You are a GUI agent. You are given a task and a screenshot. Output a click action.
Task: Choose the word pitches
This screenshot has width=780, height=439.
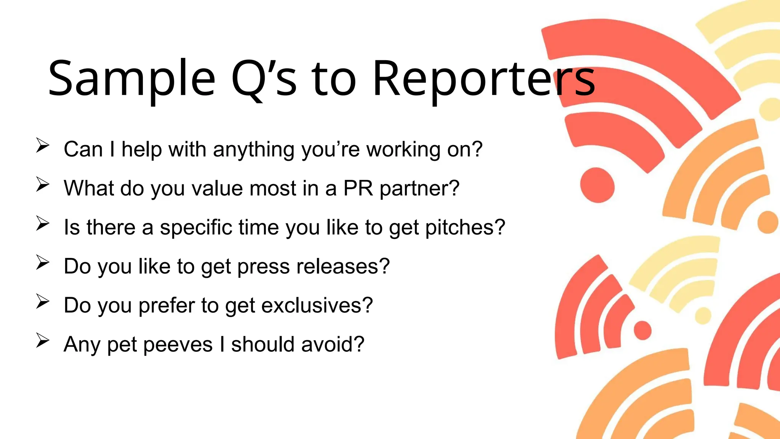click(465, 228)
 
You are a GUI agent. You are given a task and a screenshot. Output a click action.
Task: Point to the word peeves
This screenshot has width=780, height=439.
click(178, 344)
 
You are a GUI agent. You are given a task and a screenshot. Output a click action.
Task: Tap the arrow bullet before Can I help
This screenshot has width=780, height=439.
click(43, 146)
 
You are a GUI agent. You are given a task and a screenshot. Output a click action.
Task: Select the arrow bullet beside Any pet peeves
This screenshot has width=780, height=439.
click(43, 341)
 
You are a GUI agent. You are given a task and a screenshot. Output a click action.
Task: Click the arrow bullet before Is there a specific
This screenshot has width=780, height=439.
click(43, 224)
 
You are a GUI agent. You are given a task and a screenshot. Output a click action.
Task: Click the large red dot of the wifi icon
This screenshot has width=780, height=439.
click(597, 186)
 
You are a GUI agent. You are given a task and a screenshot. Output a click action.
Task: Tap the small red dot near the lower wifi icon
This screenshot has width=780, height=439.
click(643, 330)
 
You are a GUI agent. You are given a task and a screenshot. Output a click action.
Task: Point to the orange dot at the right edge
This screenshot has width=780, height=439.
click(768, 222)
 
